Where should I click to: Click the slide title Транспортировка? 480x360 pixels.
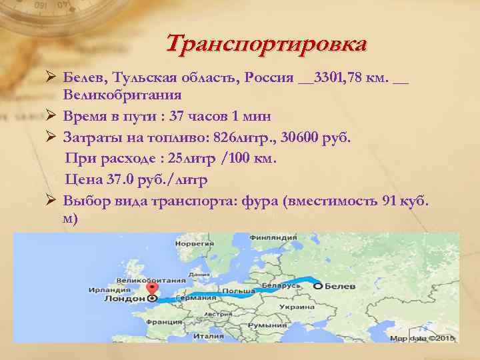tap(266, 45)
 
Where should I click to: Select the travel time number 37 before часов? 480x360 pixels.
tap(177, 116)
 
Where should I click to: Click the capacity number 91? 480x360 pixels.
tap(389, 201)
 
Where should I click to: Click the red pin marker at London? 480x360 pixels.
tap(153, 289)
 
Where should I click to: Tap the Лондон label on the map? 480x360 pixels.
tap(125, 299)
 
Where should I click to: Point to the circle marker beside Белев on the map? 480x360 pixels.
tap(318, 286)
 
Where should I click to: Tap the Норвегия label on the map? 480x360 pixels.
tap(191, 244)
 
